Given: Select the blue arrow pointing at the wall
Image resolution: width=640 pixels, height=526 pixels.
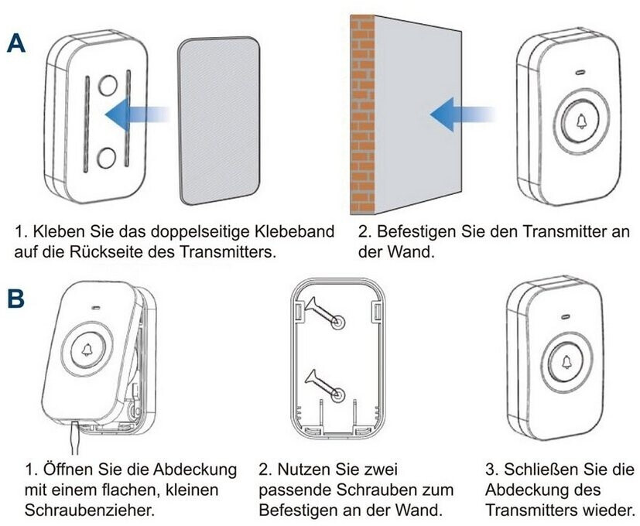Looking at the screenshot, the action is click(x=462, y=117).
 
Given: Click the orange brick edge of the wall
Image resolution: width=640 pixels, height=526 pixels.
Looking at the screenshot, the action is click(x=361, y=116).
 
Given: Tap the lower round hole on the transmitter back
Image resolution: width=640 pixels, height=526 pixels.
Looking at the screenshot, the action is click(x=108, y=157).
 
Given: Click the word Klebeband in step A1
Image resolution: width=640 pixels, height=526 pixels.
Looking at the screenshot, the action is click(x=298, y=231).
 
